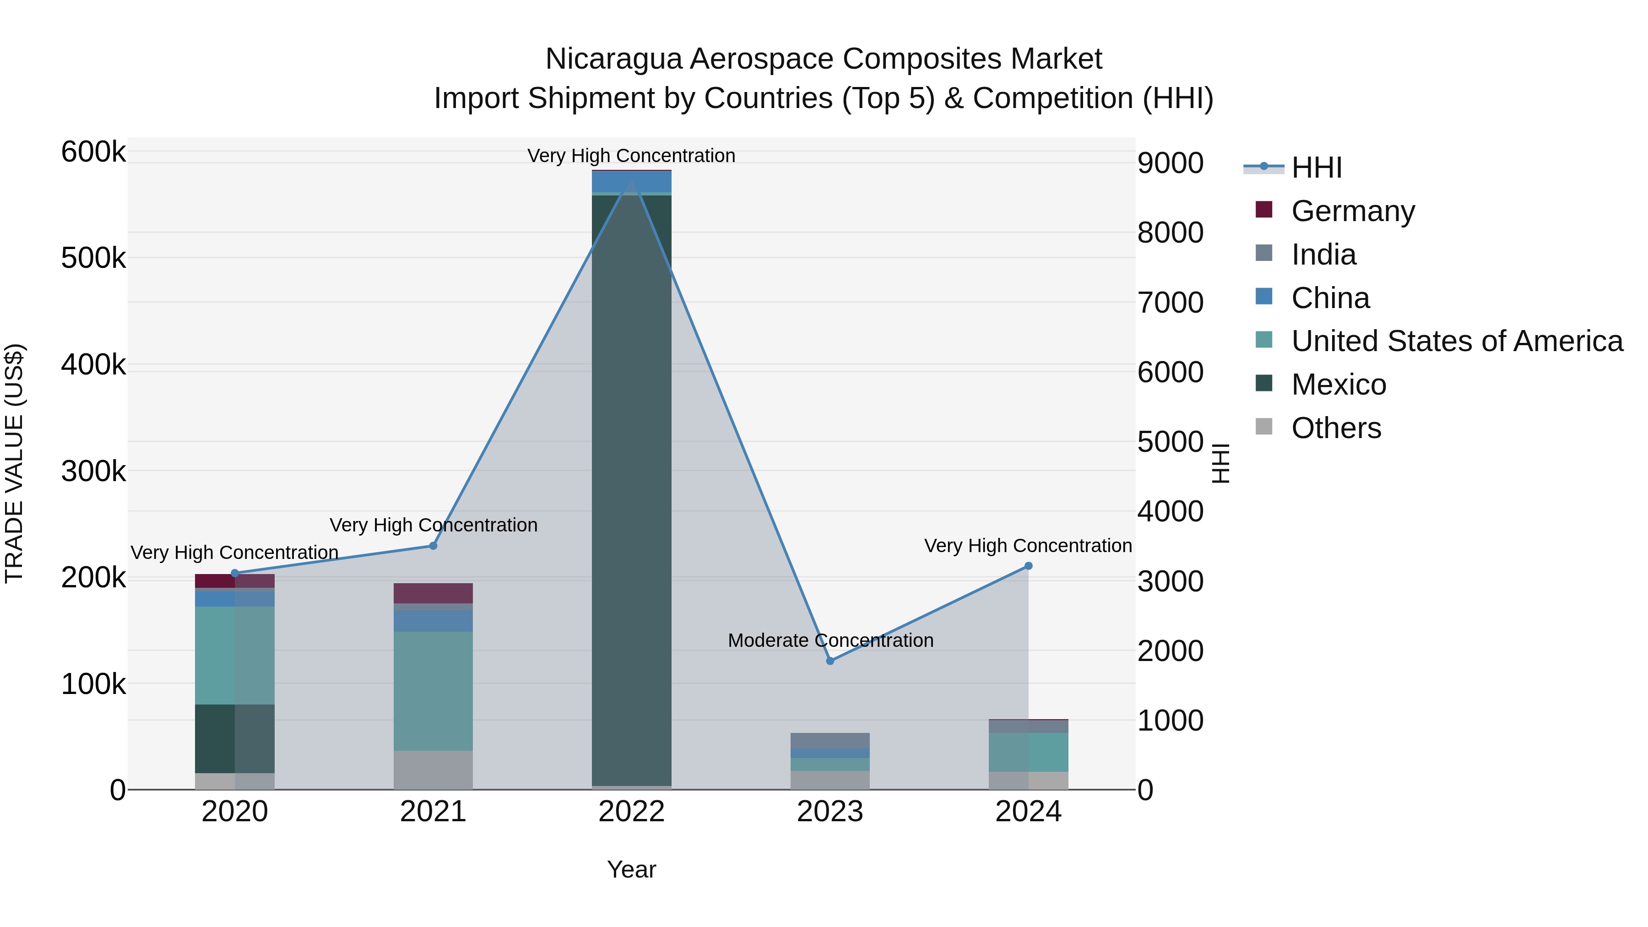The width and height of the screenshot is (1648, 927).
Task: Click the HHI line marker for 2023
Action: (x=830, y=661)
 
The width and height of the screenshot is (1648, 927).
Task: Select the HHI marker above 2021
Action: (x=433, y=546)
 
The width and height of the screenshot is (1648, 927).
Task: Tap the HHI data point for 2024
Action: (x=1028, y=565)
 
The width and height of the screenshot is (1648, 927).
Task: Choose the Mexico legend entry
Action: (x=1339, y=385)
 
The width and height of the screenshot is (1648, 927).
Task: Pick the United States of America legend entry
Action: (x=1456, y=341)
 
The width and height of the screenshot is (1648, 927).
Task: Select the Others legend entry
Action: (x=1336, y=428)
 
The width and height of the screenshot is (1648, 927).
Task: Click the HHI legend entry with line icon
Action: (x=1316, y=168)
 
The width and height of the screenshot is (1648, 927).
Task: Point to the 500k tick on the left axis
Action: (x=93, y=259)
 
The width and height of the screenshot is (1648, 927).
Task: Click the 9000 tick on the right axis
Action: (x=1170, y=163)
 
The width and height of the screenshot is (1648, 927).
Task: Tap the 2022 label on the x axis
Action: (x=631, y=812)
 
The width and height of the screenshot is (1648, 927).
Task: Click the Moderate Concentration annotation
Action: (x=830, y=640)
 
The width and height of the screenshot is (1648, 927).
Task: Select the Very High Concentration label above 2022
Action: (x=631, y=156)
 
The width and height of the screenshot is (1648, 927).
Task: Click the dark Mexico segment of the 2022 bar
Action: (x=631, y=486)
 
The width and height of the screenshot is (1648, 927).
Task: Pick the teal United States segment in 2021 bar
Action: (x=433, y=691)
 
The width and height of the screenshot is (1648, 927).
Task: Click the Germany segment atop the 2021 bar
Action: (x=433, y=593)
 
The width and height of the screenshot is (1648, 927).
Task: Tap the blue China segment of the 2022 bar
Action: (x=631, y=182)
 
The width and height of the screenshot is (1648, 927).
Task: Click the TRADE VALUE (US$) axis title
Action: (x=14, y=463)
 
